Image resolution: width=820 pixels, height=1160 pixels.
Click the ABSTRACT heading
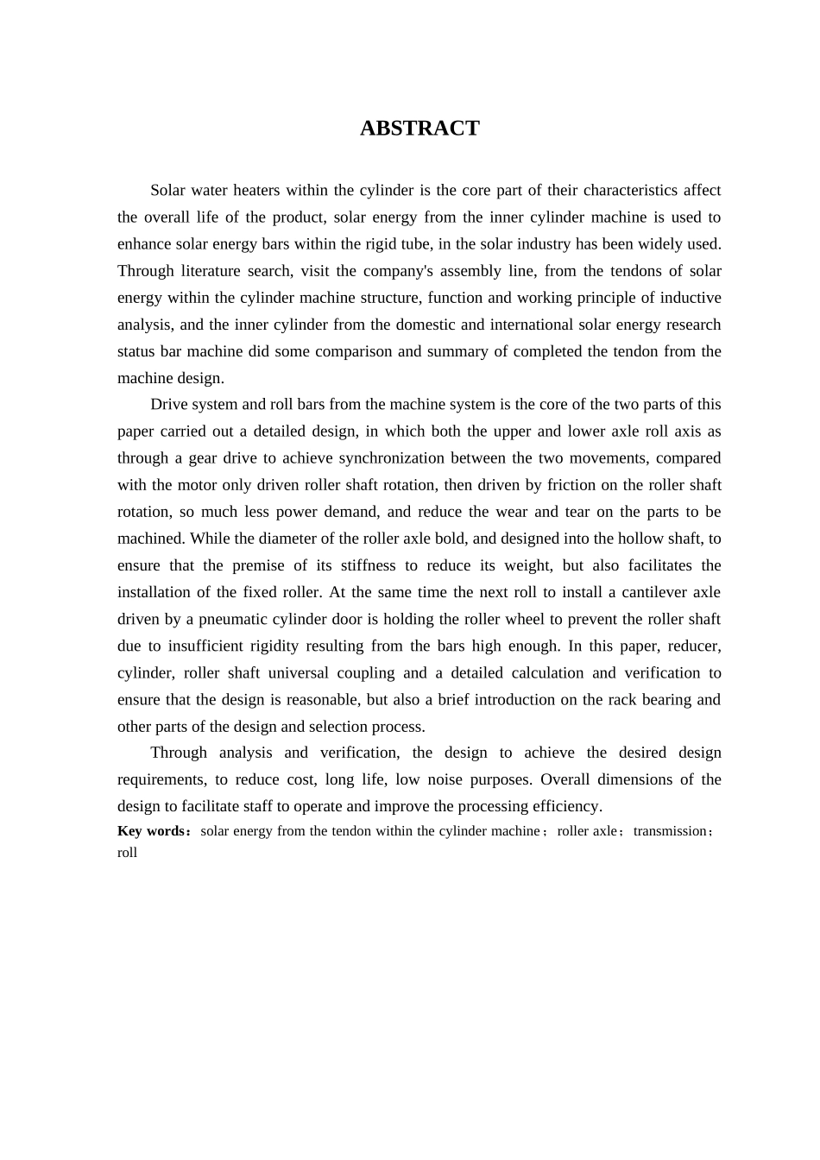click(419, 129)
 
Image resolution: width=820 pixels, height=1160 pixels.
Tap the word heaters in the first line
click(255, 190)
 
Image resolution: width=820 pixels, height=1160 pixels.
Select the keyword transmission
click(670, 831)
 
